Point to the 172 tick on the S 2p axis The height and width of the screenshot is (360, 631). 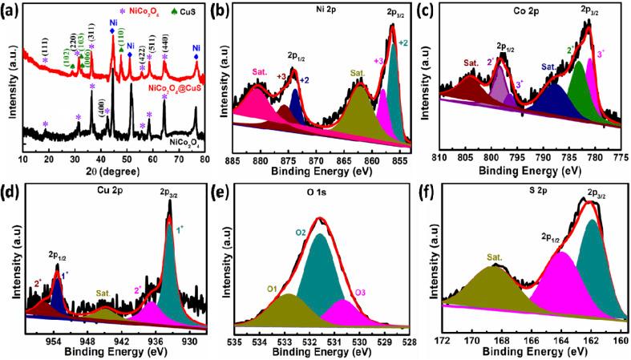pyautogui.click(x=442, y=340)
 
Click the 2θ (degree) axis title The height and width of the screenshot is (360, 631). pyautogui.click(x=114, y=171)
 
